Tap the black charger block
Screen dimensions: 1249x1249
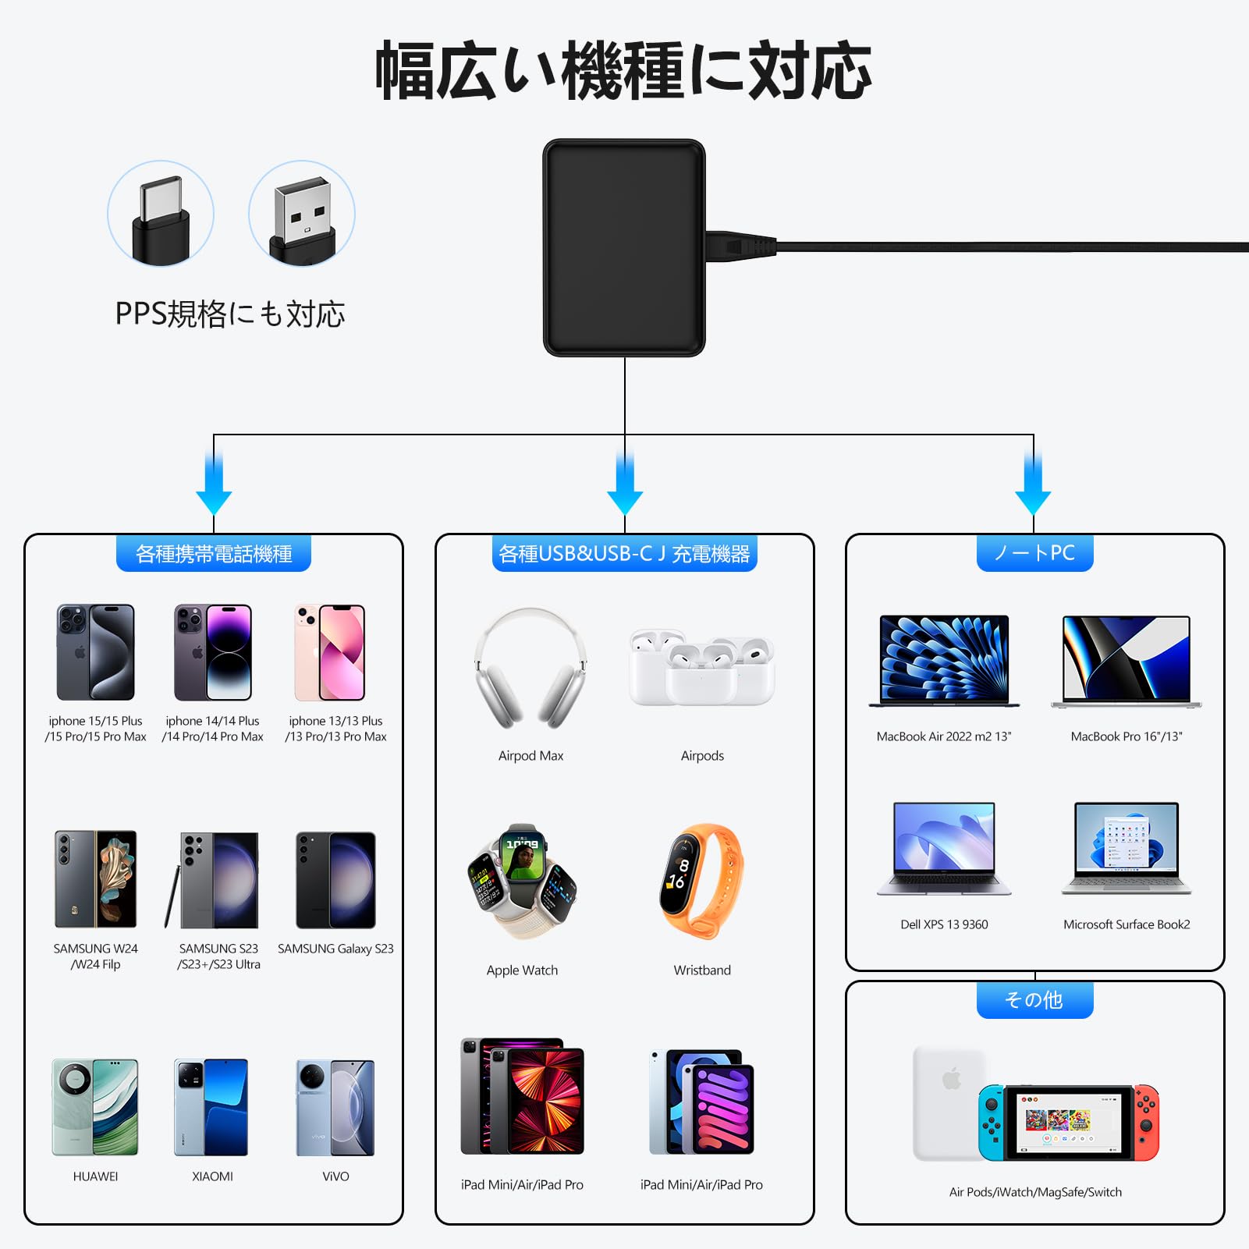[624, 247]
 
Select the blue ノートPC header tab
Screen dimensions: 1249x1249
[1034, 553]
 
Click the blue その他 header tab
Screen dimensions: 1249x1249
[1034, 1000]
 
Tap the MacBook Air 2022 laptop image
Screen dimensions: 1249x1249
[944, 661]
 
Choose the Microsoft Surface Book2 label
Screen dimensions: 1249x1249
[1127, 924]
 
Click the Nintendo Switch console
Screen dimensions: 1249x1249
[1069, 1122]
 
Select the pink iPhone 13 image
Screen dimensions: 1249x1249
[329, 652]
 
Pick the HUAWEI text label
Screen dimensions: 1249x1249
[95, 1176]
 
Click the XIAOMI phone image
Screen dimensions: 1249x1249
[211, 1107]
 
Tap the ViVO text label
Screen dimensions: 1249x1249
[335, 1176]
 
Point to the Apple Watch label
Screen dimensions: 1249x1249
[522, 970]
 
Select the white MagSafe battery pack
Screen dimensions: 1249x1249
[948, 1102]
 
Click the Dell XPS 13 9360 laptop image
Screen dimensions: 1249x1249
[944, 848]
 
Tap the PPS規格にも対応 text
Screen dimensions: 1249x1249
[230, 314]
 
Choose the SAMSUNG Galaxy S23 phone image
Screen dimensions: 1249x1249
[335, 880]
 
